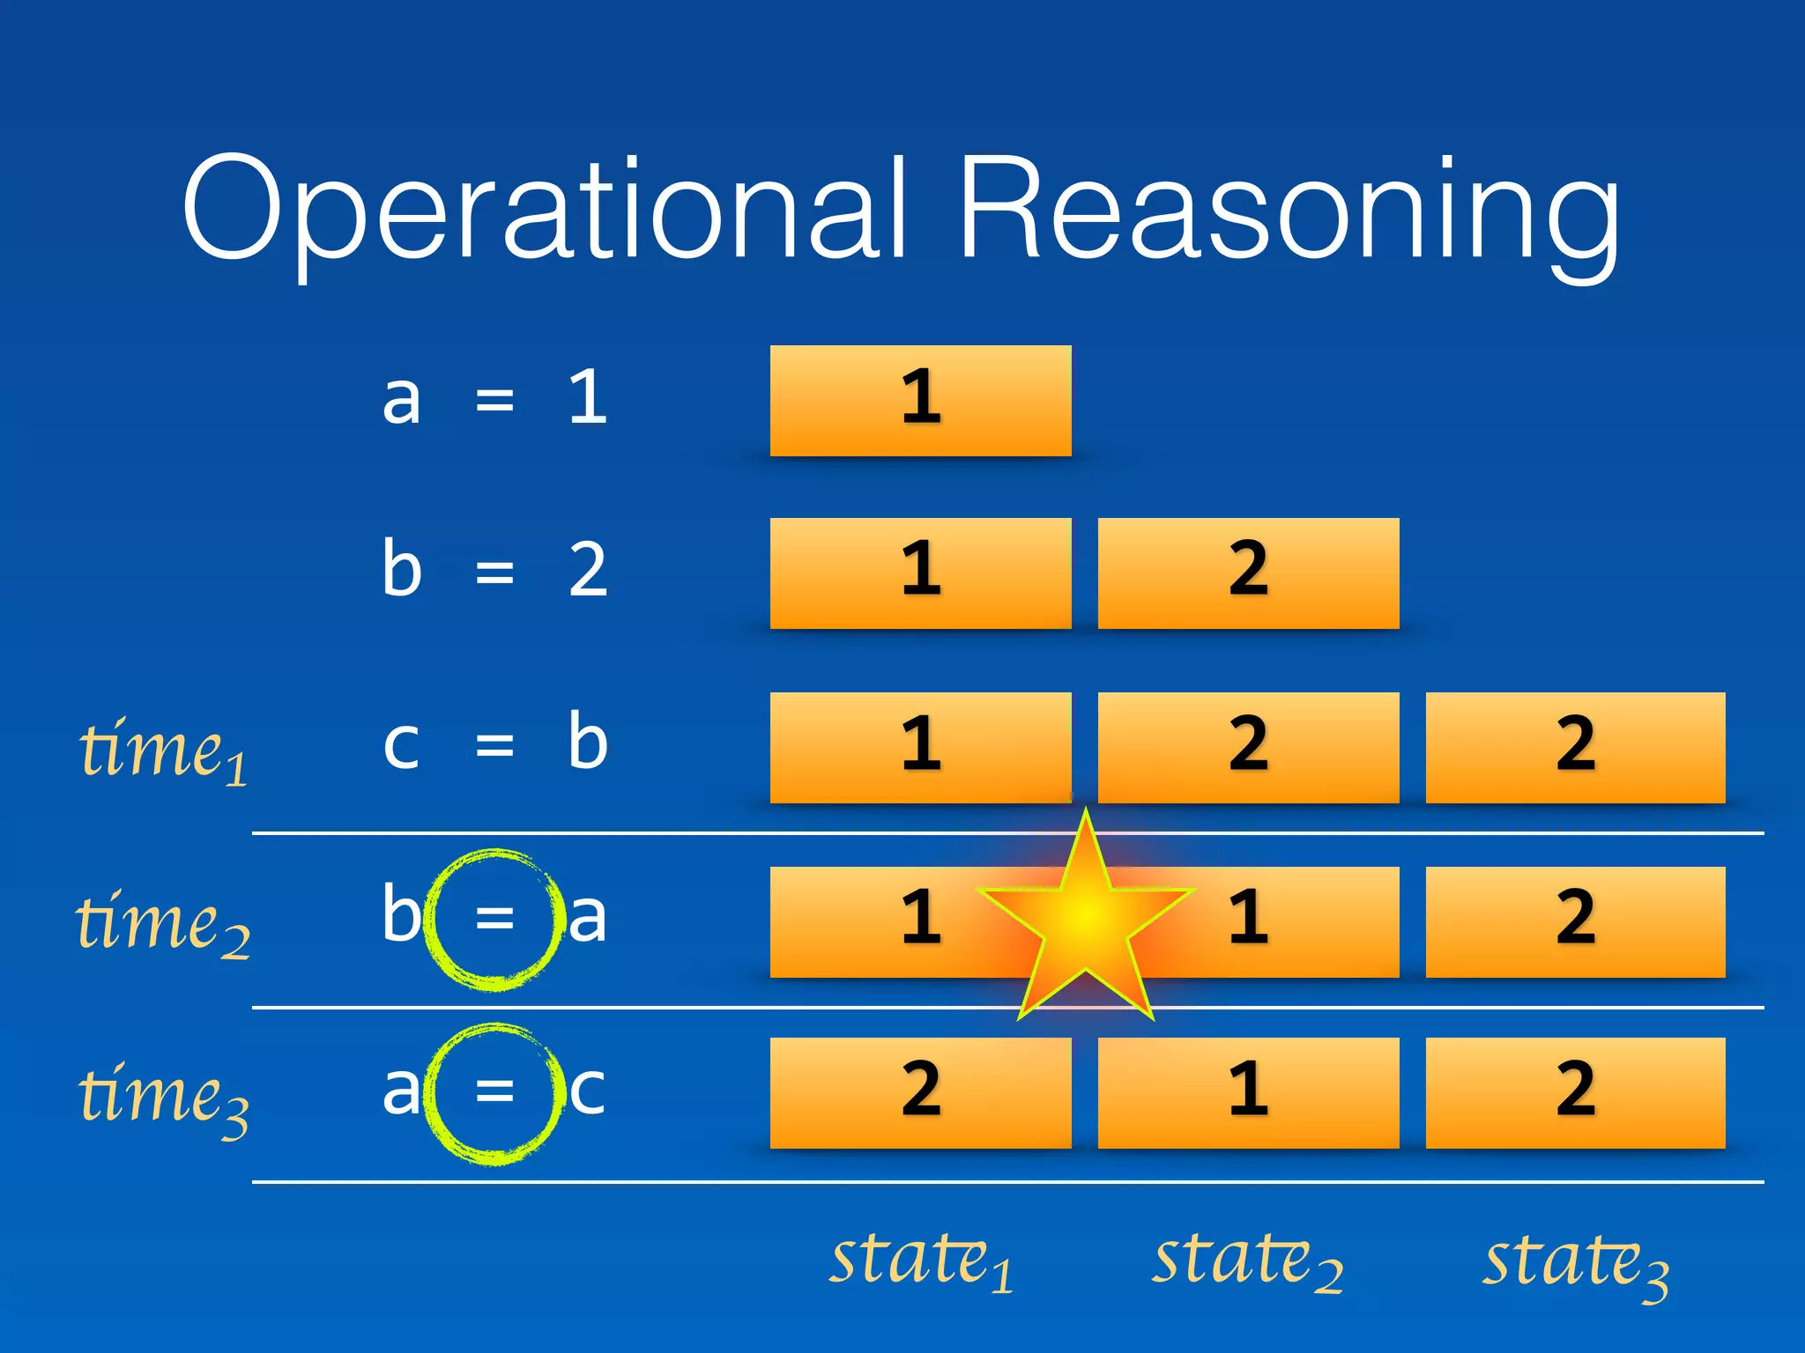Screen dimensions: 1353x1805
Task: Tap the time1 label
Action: click(164, 750)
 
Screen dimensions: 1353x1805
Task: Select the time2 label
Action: click(164, 923)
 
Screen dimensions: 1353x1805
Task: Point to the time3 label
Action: click(164, 1096)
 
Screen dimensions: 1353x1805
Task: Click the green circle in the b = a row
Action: click(494, 920)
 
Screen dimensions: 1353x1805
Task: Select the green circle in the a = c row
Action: click(494, 1093)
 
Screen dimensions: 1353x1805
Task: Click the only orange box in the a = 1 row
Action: click(920, 401)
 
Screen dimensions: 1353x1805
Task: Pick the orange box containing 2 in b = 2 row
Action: click(1248, 573)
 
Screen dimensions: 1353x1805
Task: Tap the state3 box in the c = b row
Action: click(1575, 747)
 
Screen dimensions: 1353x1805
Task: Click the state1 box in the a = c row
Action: click(920, 1092)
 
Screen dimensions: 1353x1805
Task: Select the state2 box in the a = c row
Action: click(1248, 1092)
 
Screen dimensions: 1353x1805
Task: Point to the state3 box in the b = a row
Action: click(1575, 921)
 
